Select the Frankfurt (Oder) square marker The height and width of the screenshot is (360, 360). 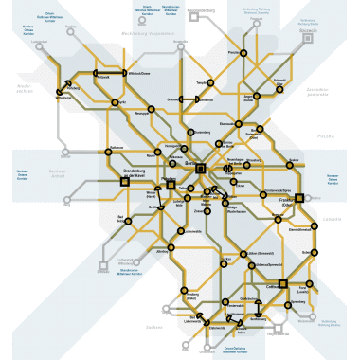point(298,198)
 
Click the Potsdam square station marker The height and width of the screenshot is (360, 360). point(171,185)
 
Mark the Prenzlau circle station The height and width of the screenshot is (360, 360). point(243,53)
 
